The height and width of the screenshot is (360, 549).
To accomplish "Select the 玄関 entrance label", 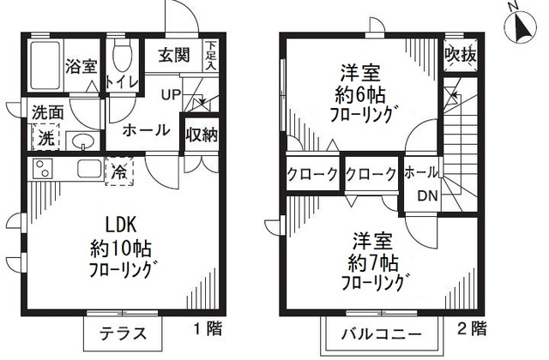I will (x=173, y=55).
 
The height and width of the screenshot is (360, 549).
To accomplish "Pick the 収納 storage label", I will (x=200, y=135).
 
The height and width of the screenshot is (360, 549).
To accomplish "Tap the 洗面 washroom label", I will (x=47, y=111).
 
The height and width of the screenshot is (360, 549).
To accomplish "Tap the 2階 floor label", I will (x=471, y=327).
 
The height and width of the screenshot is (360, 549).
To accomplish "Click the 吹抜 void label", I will (x=461, y=55).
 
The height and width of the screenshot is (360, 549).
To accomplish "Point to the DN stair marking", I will (x=426, y=195).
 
